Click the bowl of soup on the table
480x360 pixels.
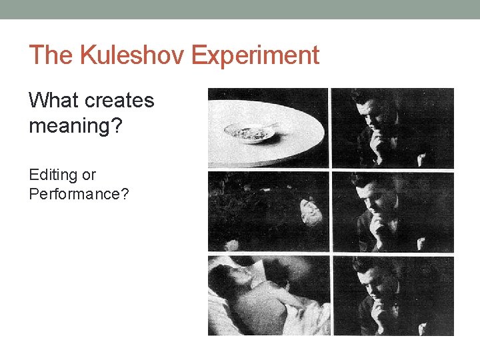pos(250,133)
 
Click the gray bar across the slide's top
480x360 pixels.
pos(240,9)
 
